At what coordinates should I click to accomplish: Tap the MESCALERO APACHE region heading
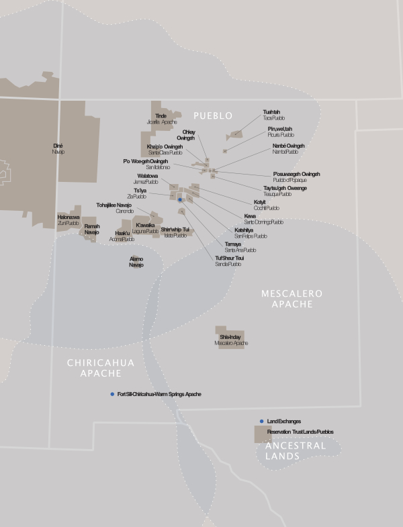[x=292, y=299]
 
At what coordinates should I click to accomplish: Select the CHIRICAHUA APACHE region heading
[x=101, y=367]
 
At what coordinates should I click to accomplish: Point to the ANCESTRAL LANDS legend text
[x=295, y=450]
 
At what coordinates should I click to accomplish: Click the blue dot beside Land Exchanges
[x=262, y=421]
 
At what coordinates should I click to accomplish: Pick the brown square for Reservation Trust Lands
[x=260, y=433]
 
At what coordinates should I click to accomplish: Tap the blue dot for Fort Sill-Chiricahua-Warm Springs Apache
[x=112, y=394]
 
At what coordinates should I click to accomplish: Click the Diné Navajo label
[x=58, y=148]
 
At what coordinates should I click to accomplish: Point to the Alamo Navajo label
[x=136, y=262]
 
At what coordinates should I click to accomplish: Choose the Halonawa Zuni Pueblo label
[x=69, y=220]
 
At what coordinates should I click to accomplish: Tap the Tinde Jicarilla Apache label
[x=161, y=119]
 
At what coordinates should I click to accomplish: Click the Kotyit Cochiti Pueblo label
[x=266, y=205]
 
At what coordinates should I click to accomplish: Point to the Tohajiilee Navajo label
[x=114, y=207]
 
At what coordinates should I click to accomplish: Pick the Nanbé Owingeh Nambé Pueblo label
[x=288, y=149]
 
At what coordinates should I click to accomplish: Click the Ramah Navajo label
[x=91, y=230]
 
